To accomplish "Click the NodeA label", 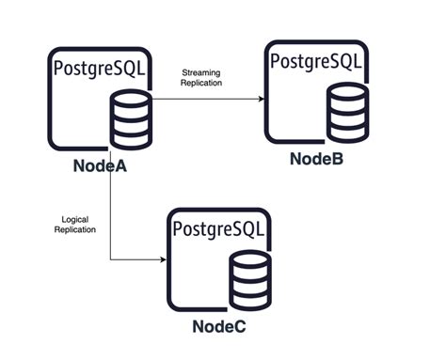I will [x=99, y=167].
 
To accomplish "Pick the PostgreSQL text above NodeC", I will [x=216, y=228].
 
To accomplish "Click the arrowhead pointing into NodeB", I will [x=259, y=96].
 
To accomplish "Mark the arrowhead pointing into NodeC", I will [x=161, y=261].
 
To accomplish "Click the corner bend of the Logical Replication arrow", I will [x=111, y=261].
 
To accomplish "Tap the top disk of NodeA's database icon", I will [x=126, y=101].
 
